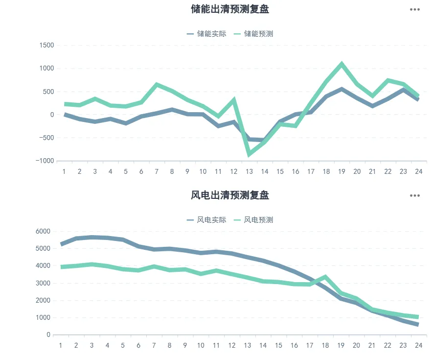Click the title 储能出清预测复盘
coord(229,9)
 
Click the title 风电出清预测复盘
coord(229,195)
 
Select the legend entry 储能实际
coord(206,34)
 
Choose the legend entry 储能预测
coord(253,34)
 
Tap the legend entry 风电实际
coord(206,220)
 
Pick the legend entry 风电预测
coord(253,220)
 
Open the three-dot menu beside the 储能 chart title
coord(415,9)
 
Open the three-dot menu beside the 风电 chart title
coord(415,195)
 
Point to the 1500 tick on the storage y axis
coord(47,45)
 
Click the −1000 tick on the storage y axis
coord(45,161)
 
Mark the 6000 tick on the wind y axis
coord(44,231)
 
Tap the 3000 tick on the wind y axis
coord(44,283)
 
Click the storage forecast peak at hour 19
coord(342,64)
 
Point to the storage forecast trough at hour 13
coord(249,155)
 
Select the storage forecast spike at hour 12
coord(234,100)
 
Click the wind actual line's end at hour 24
coord(417,324)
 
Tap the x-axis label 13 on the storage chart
coord(249,171)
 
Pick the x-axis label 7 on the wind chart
coord(154,345)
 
